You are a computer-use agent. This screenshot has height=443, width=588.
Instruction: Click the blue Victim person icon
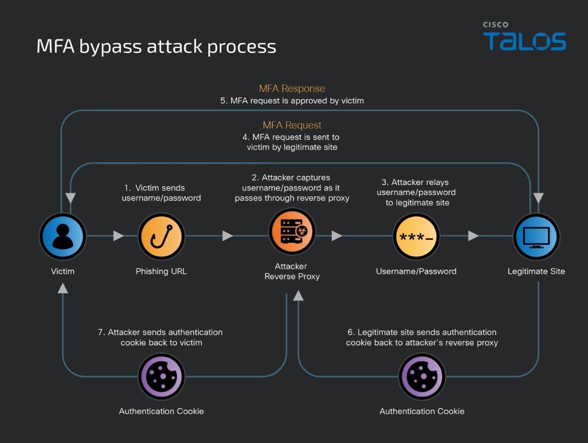point(62,236)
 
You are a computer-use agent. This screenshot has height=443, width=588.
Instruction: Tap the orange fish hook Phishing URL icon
point(161,236)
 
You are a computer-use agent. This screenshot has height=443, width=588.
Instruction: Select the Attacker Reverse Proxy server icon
point(292,231)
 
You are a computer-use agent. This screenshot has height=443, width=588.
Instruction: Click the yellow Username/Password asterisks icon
point(416,236)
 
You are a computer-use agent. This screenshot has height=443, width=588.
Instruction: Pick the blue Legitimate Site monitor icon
point(536,236)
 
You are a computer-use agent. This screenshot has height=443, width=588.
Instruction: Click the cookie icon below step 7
point(161,376)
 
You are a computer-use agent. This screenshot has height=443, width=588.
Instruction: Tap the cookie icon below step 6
point(422,376)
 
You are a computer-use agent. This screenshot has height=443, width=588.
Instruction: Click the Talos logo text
point(524,41)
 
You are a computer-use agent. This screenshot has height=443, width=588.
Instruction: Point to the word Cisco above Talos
point(496,25)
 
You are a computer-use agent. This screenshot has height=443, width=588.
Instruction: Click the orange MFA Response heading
point(292,88)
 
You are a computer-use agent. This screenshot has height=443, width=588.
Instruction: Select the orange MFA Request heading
point(292,125)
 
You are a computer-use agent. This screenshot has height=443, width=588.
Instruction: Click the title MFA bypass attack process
point(156,46)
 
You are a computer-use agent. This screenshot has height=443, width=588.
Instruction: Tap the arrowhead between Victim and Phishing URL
point(118,236)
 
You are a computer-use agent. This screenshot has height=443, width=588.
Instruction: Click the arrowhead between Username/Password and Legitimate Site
point(473,236)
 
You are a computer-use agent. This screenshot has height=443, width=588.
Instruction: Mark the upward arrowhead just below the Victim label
point(62,289)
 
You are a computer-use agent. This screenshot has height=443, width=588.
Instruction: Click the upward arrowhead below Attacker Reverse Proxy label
point(298,295)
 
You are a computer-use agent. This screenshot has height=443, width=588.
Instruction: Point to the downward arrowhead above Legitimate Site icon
point(539,198)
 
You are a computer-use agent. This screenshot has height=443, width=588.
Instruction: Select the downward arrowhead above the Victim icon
point(71,198)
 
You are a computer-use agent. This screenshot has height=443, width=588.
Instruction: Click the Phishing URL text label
point(161,271)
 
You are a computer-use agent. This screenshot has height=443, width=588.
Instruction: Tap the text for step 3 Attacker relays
point(416,192)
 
